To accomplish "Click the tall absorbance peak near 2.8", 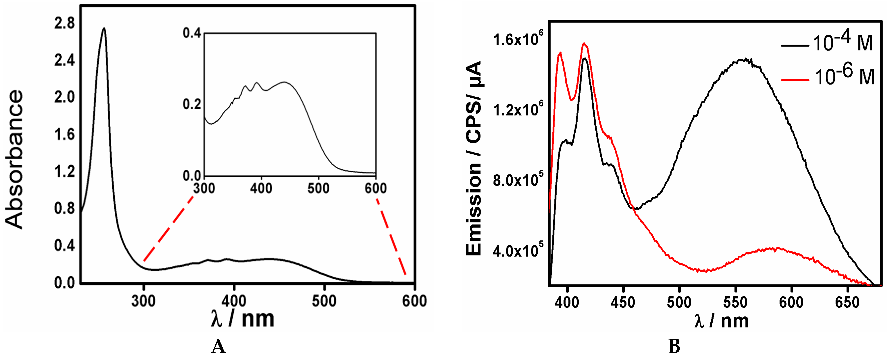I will [x=104, y=29].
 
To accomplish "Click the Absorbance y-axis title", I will [x=14, y=160].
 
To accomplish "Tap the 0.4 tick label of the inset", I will [x=192, y=33].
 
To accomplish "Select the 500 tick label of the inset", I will [x=318, y=188].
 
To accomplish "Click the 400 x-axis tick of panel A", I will [x=234, y=301].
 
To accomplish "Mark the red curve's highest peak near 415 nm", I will [x=584, y=44].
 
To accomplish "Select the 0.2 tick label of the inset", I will [x=192, y=104].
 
